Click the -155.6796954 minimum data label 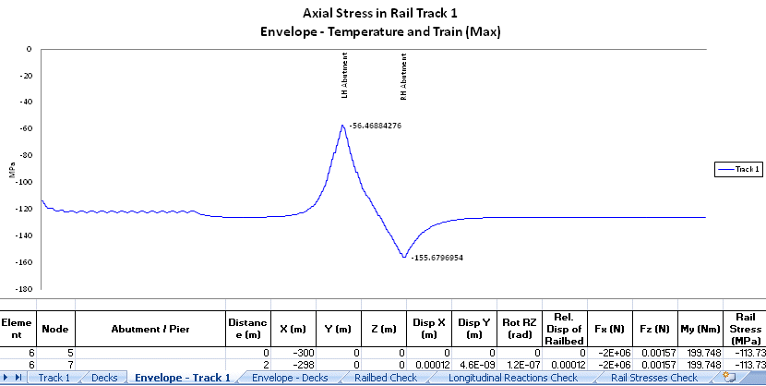[436, 258]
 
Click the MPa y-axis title [14, 169]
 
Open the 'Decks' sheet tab [104, 378]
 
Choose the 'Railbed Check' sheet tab [386, 378]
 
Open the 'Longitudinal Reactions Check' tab [512, 378]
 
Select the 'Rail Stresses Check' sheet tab [653, 378]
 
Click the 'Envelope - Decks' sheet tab [290, 378]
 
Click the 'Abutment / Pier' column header [150, 328]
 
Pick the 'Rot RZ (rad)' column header [521, 328]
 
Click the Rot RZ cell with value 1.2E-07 [520, 364]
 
